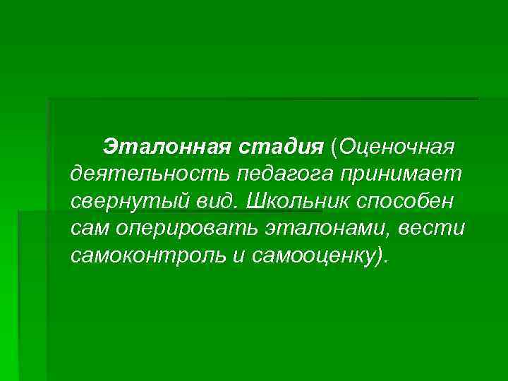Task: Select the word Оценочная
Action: tap(399, 147)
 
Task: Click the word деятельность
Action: tap(150, 174)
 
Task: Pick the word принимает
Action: tap(402, 174)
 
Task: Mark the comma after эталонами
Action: tap(400, 233)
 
